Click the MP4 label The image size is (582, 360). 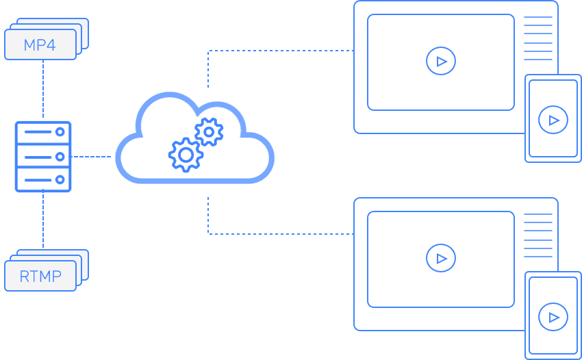tap(40, 45)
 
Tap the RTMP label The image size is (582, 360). tap(40, 277)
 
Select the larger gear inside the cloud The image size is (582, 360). tap(185, 155)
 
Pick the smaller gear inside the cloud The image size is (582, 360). tap(208, 131)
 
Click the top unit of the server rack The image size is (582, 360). tap(42, 131)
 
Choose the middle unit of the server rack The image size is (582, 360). tap(42, 157)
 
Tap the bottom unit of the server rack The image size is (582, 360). tap(42, 180)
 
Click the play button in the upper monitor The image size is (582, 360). tap(440, 62)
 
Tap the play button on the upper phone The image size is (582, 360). tap(553, 120)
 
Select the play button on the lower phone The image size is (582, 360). tap(553, 317)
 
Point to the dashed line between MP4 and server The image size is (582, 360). tap(43, 89)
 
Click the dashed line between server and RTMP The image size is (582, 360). tap(43, 219)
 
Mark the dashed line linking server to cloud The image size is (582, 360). tap(92, 157)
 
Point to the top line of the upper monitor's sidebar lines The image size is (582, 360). tap(538, 17)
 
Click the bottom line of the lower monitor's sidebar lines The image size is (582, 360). tap(538, 257)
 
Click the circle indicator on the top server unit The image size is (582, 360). tap(60, 131)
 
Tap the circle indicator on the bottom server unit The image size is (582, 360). tap(60, 180)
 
